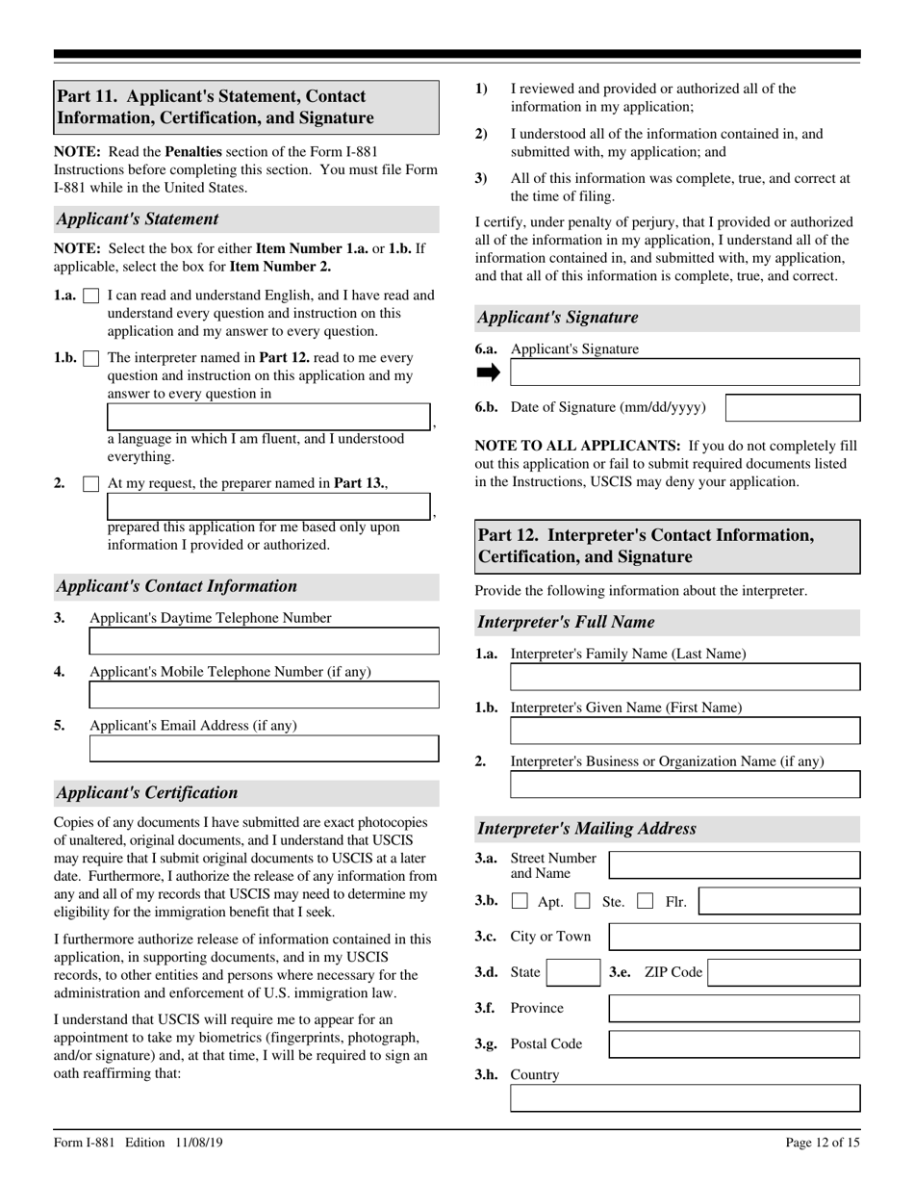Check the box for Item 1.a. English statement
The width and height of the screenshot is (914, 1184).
click(91, 296)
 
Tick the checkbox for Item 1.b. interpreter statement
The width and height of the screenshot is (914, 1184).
click(91, 359)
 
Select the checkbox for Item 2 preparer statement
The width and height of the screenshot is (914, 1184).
click(91, 484)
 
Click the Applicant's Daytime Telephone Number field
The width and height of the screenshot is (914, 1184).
click(264, 641)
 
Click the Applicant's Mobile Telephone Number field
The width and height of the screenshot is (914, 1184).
click(264, 695)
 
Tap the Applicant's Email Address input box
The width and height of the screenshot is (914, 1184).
click(264, 749)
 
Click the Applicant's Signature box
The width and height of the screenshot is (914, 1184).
click(684, 373)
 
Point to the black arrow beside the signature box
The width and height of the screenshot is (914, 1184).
click(489, 373)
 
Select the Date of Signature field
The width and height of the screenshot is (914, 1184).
click(792, 408)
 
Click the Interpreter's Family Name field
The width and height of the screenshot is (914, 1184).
click(684, 677)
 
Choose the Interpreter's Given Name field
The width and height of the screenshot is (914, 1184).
click(684, 731)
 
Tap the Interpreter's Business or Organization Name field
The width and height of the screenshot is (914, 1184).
click(684, 785)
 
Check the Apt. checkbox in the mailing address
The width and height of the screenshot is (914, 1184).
click(520, 903)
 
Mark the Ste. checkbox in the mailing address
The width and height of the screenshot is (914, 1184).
click(582, 903)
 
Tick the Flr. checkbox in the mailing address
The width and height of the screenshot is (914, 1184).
click(647, 903)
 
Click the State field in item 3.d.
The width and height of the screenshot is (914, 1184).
click(573, 972)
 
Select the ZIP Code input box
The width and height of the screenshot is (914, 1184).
click(784, 972)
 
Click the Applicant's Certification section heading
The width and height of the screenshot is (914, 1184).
click(147, 793)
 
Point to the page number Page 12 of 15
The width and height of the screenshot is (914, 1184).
click(823, 1144)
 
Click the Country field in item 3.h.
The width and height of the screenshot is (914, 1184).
click(684, 1098)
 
